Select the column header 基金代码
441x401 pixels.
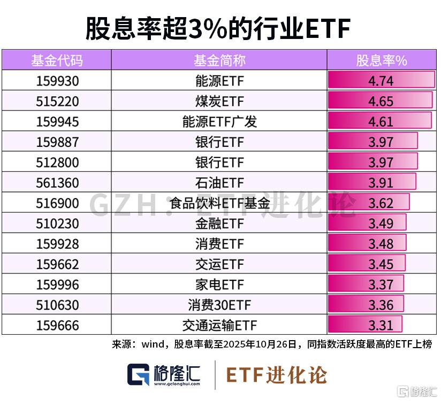pos(57,60)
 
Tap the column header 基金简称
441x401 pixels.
pos(219,60)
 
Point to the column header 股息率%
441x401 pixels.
pos(382,60)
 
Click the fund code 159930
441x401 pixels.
pos(57,81)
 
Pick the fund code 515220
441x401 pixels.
pos(57,101)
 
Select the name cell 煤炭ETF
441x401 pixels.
pos(219,101)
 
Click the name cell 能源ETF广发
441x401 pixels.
pos(219,121)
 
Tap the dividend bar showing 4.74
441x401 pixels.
pos(381,81)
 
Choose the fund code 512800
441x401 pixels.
pos(57,162)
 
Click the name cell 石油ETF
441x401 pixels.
pos(219,183)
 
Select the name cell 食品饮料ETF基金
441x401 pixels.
pos(219,203)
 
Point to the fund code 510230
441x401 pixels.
pos(57,223)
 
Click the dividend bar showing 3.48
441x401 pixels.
pos(367,243)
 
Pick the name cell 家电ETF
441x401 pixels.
pos(219,284)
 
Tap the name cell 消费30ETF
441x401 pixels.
pos(219,305)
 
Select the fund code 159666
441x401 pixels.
pos(57,325)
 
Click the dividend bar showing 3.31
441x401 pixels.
pos(365,325)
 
